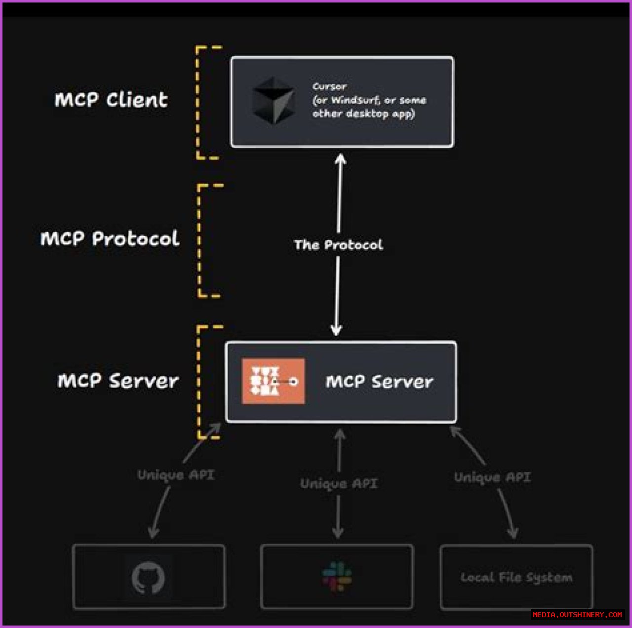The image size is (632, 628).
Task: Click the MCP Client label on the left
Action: (x=111, y=100)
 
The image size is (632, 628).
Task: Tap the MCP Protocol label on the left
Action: (x=110, y=239)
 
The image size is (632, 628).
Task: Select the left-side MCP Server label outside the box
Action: (x=118, y=381)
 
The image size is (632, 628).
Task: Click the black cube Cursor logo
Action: (x=274, y=101)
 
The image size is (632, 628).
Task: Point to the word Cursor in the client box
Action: (x=329, y=86)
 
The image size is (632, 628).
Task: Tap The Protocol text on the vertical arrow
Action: (x=338, y=245)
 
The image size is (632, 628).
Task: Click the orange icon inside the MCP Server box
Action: (x=273, y=381)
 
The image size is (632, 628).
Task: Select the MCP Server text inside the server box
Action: (x=379, y=382)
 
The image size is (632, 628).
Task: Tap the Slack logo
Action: (x=337, y=576)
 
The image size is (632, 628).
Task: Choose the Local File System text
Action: (x=516, y=578)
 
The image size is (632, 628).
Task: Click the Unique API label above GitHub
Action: (x=176, y=475)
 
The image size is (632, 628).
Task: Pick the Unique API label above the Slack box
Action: (x=339, y=483)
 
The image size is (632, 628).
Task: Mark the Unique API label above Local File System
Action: (x=492, y=477)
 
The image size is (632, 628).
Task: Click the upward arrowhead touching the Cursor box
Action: (x=340, y=159)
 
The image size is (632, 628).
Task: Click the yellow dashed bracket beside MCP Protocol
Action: (x=200, y=241)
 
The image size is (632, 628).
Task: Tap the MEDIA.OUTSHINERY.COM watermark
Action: (x=577, y=615)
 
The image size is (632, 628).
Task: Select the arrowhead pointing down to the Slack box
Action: (x=338, y=533)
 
